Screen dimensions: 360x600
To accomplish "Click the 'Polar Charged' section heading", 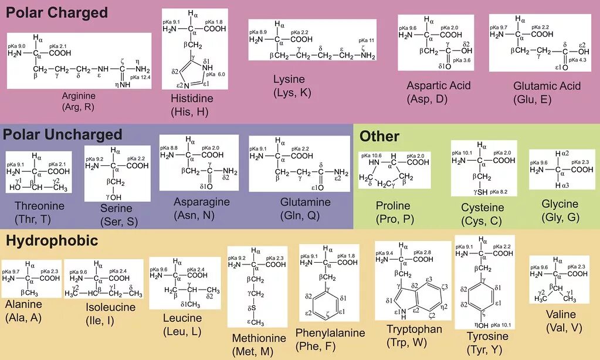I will point(57,12).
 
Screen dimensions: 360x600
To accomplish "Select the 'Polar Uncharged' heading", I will point(63,134).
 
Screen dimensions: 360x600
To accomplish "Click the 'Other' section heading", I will point(379,137).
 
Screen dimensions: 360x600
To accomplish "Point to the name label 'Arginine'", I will point(77,96).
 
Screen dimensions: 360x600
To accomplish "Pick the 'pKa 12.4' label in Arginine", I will point(140,77).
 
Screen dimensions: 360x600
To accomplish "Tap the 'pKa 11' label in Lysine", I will point(367,40).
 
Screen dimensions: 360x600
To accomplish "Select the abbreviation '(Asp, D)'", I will point(427,99).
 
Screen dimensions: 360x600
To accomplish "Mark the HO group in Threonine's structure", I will point(15,188).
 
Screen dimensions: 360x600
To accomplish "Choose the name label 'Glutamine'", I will point(305,202).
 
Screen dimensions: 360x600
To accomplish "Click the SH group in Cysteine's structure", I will point(483,192).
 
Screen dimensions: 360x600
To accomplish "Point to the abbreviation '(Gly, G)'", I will point(560,217).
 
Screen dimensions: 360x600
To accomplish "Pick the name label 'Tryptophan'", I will point(414,329).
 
